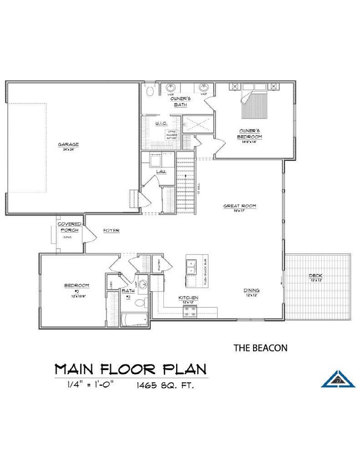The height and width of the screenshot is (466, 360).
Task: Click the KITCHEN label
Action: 188,298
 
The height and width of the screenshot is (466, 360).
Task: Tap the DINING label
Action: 252,290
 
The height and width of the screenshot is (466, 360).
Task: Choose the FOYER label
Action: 111,230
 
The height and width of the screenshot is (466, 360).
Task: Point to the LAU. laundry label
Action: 161,172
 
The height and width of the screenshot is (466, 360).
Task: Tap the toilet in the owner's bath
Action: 150,91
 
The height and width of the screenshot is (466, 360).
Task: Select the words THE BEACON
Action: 260,348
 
